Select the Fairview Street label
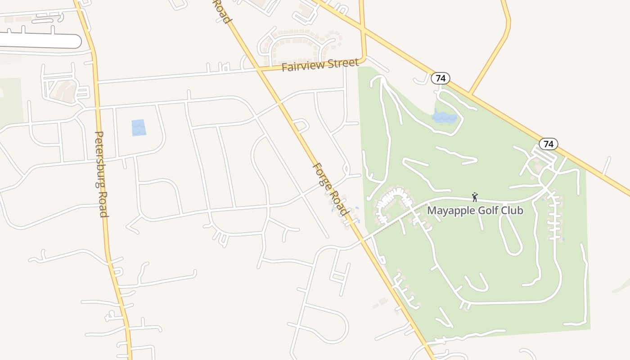coord(320,65)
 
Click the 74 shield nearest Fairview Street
coord(441,78)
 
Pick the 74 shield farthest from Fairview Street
coord(548,144)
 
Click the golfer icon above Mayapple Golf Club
coord(474,197)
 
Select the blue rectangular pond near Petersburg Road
coord(139,128)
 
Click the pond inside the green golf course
coord(444,117)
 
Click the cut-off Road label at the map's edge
coord(222,12)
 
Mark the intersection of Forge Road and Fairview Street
coord(260,70)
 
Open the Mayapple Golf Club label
coord(475,210)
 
